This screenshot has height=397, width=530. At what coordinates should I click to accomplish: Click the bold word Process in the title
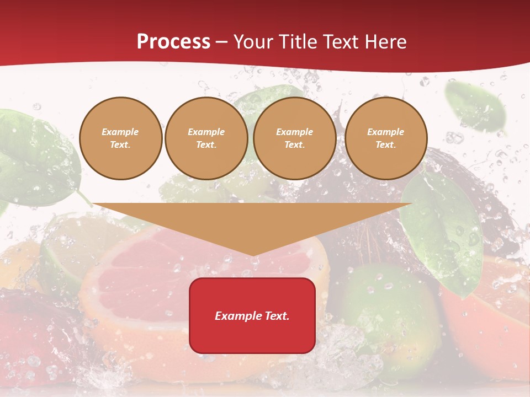pyautogui.click(x=173, y=42)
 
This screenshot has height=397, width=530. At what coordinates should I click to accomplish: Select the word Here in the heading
pyautogui.click(x=384, y=42)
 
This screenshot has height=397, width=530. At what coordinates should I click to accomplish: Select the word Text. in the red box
pyautogui.click(x=276, y=316)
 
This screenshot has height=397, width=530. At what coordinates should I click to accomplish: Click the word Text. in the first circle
pyautogui.click(x=120, y=145)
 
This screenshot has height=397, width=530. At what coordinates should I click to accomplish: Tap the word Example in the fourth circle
pyautogui.click(x=386, y=132)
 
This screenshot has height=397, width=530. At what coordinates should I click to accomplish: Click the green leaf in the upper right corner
pyautogui.click(x=475, y=108)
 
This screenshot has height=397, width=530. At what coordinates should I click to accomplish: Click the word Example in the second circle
pyautogui.click(x=206, y=132)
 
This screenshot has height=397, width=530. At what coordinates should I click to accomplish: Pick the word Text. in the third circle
pyautogui.click(x=295, y=145)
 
